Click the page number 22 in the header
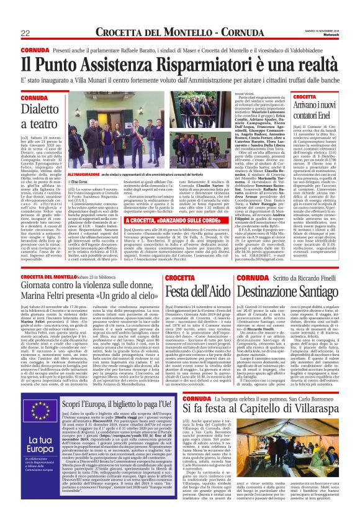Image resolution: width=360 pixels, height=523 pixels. [x=26, y=32]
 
